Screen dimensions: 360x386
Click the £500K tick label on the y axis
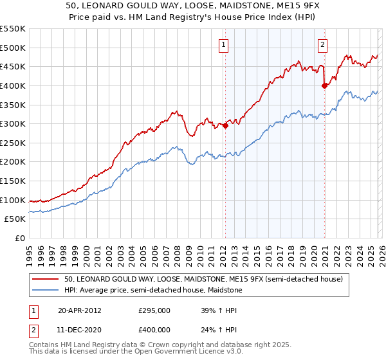[13, 48]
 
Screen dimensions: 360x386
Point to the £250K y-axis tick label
[13, 143]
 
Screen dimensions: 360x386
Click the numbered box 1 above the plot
[223, 45]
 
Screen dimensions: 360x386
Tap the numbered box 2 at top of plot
[322, 45]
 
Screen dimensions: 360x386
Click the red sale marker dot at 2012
[225, 126]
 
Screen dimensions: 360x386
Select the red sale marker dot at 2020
[324, 85]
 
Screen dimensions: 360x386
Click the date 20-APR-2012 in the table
[79, 310]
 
